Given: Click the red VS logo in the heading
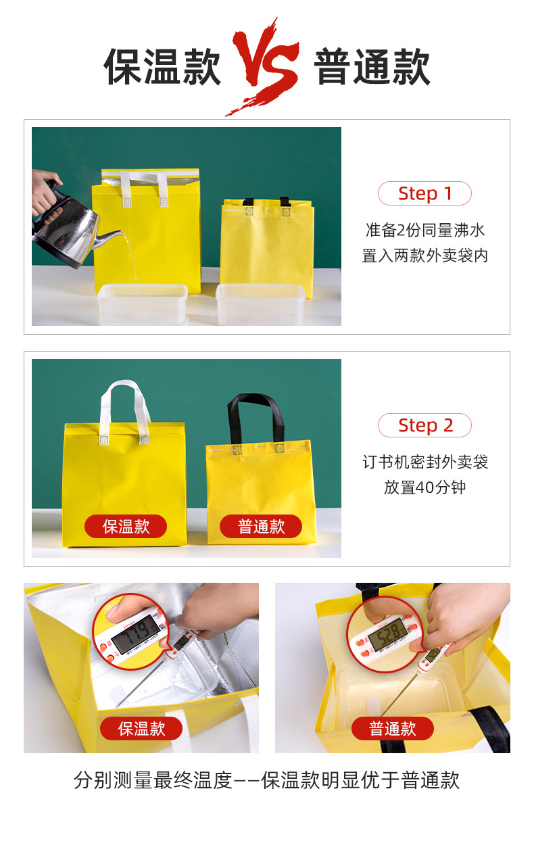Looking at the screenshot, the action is coord(265,66).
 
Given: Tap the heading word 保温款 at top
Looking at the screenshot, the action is coord(162,66).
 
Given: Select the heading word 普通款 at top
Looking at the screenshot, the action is coord(372,66).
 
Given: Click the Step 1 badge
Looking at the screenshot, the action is coord(424,193).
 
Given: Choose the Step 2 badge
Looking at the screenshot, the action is coord(424,425).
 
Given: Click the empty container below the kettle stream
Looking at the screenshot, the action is coord(143,304).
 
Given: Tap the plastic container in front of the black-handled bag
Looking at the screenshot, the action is coord(261,304).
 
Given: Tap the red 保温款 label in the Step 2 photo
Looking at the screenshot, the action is coord(126,527).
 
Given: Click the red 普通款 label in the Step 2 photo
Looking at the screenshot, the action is coord(261,527).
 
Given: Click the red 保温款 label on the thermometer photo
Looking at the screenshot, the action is coord(141,729).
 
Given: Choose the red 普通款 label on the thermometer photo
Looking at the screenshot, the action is coord(393,729).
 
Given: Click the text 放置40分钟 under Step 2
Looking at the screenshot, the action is coord(424,487).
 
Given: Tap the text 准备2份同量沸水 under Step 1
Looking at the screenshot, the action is coord(425,231).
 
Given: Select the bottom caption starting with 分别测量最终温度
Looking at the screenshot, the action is coord(267,780).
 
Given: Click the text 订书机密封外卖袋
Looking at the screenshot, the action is coord(425,462).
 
